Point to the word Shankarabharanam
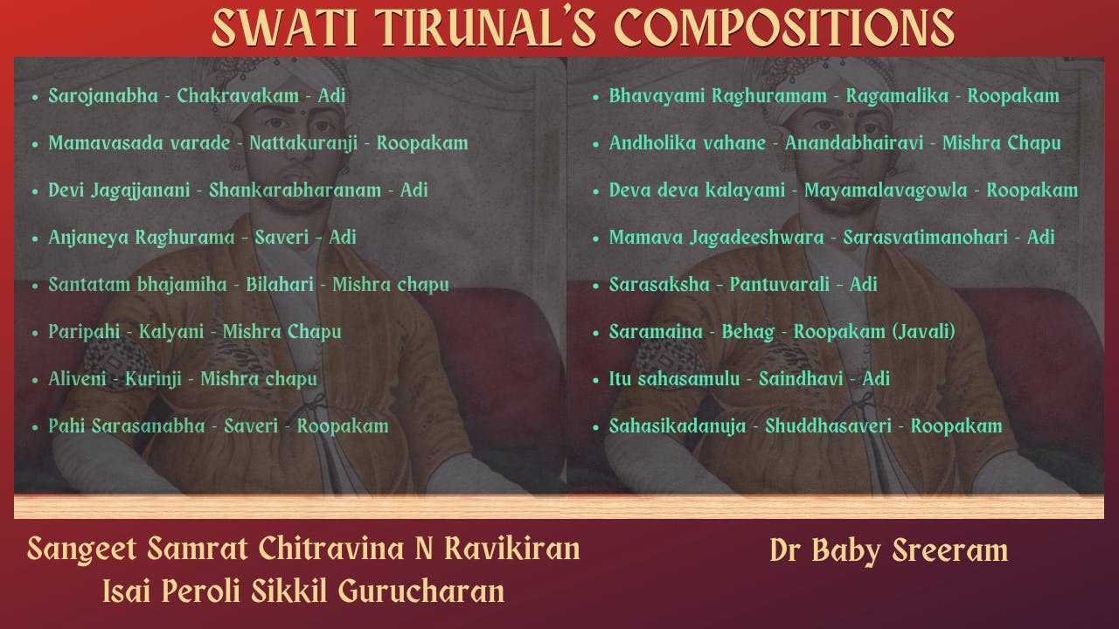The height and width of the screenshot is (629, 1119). click(295, 190)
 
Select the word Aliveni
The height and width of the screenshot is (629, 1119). click(78, 378)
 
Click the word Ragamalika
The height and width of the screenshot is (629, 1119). click(897, 95)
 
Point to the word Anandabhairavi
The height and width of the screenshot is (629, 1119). click(853, 142)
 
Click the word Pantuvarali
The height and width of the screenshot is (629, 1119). click(779, 284)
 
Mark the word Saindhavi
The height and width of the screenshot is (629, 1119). click(801, 378)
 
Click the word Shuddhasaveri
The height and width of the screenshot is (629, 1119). click(828, 425)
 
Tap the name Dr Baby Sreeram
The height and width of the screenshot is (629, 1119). click(888, 550)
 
